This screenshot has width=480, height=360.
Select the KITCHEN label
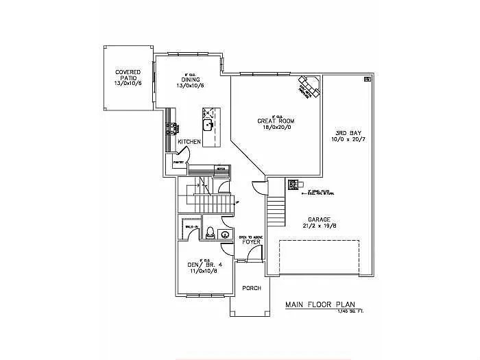[x=189, y=141]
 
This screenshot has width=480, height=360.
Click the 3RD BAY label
[x=344, y=132]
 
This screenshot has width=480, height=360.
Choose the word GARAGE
[x=318, y=219]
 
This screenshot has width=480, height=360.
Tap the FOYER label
[x=250, y=241]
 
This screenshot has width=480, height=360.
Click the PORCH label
[x=252, y=288]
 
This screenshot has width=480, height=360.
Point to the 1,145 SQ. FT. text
[x=350, y=312]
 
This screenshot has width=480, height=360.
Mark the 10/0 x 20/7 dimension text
[x=344, y=139]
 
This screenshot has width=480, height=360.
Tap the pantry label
[x=178, y=163]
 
